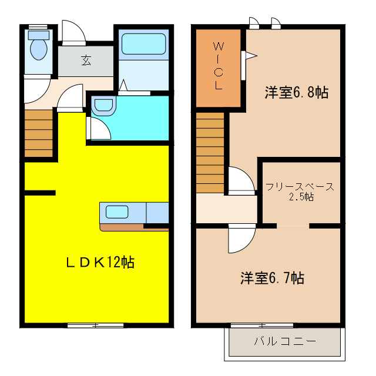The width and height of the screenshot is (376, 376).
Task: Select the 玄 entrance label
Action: pyautogui.click(x=86, y=59)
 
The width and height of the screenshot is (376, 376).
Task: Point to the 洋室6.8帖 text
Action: pyautogui.click(x=296, y=92)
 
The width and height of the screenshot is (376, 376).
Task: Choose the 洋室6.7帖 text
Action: pyautogui.click(x=272, y=278)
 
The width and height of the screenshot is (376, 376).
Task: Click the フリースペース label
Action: pyautogui.click(x=300, y=187)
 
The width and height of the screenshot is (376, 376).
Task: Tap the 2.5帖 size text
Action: pyautogui.click(x=301, y=197)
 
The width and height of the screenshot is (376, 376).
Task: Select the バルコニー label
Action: pyautogui.click(x=285, y=341)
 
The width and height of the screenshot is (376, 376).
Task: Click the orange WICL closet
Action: pyautogui.click(x=218, y=68)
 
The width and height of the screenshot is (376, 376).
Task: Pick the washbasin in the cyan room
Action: pyautogui.click(x=104, y=106)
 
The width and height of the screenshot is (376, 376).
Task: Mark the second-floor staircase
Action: pyautogui.click(x=210, y=153)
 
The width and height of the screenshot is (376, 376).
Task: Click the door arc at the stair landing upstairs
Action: pyautogui.click(x=240, y=180)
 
